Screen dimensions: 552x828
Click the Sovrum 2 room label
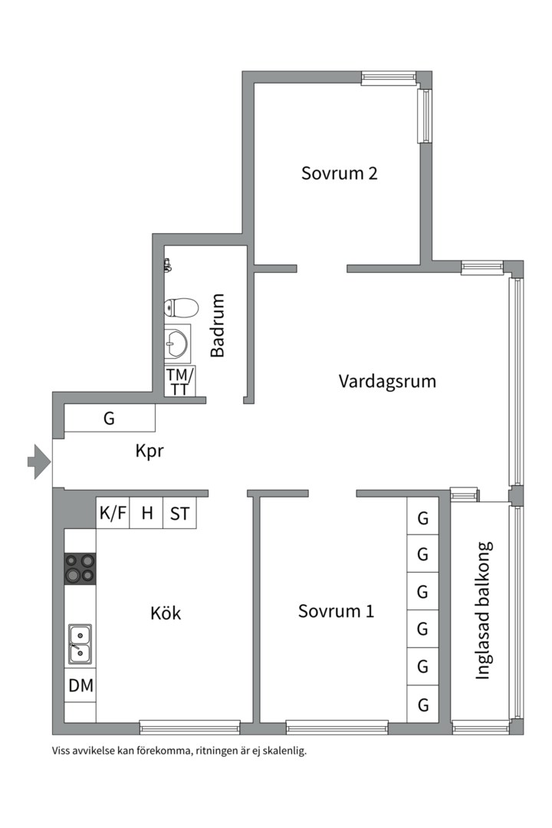[339, 173]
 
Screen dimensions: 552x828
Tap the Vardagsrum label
[387, 381]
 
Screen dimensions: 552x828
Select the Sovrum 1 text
[336, 612]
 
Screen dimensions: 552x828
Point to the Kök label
[166, 613]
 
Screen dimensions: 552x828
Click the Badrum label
[219, 325]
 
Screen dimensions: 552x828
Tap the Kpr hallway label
[151, 452]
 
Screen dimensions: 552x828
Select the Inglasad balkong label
[483, 611]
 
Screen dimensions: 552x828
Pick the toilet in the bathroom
[180, 308]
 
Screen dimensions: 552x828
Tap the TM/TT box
[180, 381]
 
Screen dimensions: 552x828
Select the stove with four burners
[80, 568]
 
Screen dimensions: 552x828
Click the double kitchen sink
[80, 643]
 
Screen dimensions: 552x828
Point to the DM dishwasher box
[80, 686]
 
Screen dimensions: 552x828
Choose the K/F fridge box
[113, 514]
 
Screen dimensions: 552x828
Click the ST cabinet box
[179, 514]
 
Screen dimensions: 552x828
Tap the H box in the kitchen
[146, 514]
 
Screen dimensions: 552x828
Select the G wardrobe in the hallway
[109, 419]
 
